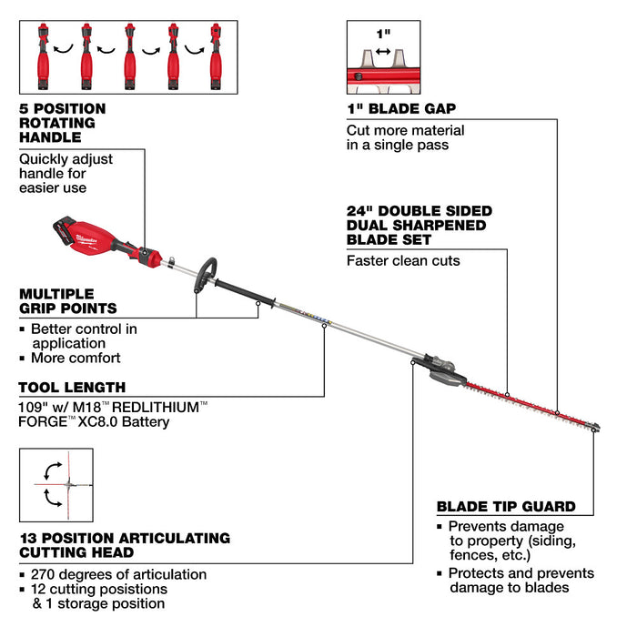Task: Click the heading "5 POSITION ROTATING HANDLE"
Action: pyautogui.click(x=62, y=123)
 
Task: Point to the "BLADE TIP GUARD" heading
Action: pyautogui.click(x=506, y=507)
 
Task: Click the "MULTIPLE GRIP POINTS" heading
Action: pyautogui.click(x=68, y=301)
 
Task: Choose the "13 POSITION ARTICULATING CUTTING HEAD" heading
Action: pyautogui.click(x=124, y=545)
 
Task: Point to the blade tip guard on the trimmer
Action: pyautogui.click(x=593, y=427)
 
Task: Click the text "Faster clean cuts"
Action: pyautogui.click(x=402, y=261)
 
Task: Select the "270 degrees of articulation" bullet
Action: pyautogui.click(x=118, y=574)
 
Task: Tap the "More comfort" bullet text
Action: pyautogui.click(x=76, y=359)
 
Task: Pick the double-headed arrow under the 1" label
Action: pyautogui.click(x=383, y=53)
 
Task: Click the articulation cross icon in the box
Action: pyautogui.click(x=56, y=485)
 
